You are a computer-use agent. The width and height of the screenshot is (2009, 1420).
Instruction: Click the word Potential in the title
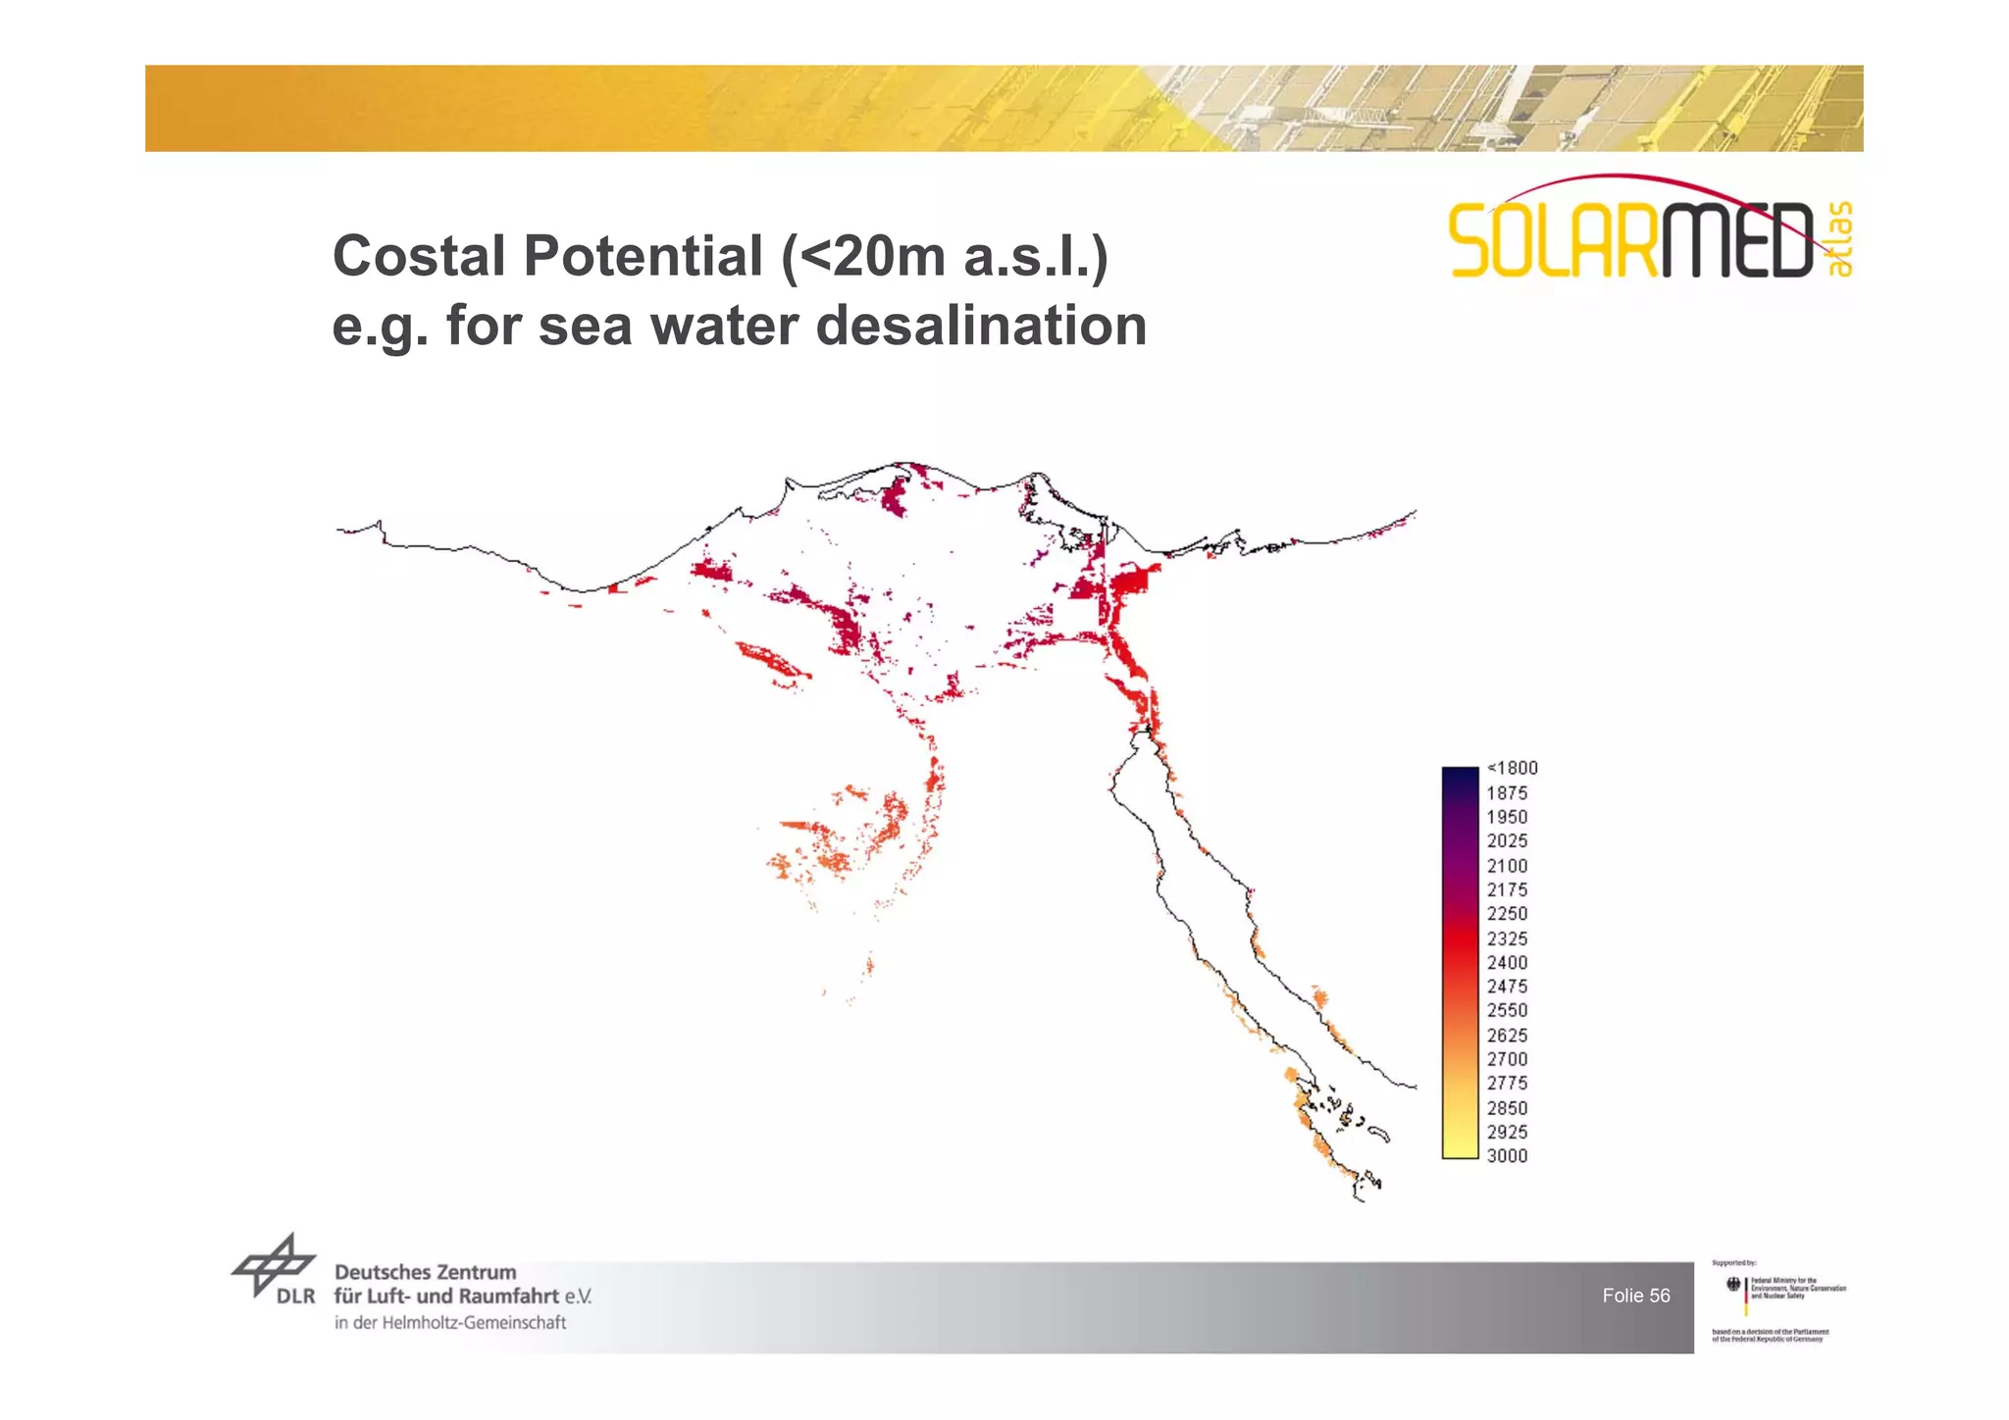point(644,256)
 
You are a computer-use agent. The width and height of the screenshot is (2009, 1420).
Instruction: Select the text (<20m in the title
point(863,256)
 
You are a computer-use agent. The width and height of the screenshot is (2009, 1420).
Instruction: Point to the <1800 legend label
point(1512,768)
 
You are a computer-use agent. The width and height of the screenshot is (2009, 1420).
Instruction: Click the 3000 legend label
point(1507,1156)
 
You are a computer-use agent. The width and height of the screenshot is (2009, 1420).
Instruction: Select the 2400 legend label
point(1507,962)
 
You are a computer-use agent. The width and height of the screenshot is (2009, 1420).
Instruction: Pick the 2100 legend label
point(1507,866)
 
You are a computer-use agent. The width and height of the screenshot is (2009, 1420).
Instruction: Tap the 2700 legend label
point(1507,1059)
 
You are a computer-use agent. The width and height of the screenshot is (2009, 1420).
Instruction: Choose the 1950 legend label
point(1507,817)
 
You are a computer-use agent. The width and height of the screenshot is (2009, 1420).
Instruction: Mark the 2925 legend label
point(1507,1132)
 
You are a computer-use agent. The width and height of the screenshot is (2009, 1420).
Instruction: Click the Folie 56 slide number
point(1635,1295)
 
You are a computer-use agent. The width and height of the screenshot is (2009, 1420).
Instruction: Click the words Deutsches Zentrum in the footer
point(425,1272)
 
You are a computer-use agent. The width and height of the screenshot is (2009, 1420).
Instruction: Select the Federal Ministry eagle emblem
point(1732,1284)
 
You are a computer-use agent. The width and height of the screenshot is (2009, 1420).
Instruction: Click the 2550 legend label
point(1507,1010)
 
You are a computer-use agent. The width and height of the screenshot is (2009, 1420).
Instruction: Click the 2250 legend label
point(1507,914)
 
